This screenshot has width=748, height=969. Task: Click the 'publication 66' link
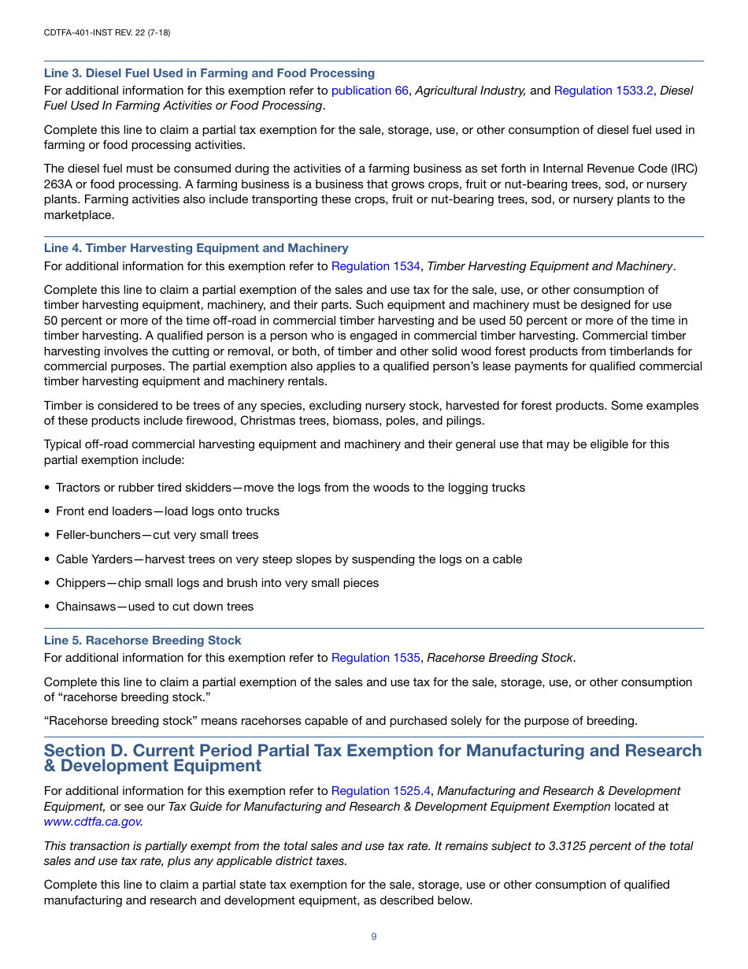tap(369, 91)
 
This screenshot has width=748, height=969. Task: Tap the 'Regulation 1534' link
tap(376, 266)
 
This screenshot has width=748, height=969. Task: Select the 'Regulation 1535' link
tap(376, 658)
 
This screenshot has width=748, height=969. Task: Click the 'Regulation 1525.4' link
tap(380, 791)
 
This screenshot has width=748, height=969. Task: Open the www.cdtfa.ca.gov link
tap(93, 822)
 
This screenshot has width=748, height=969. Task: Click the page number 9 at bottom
tap(374, 937)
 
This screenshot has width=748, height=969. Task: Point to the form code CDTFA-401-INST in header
tap(87, 32)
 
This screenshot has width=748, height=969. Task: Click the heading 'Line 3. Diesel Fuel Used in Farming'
tap(209, 73)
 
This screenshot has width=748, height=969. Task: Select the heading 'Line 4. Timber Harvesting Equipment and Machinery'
tap(196, 248)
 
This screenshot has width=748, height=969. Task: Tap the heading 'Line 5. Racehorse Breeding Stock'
tap(143, 640)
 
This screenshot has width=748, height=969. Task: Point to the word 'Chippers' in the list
tap(80, 583)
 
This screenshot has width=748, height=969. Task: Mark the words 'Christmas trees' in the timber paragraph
tap(280, 421)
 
